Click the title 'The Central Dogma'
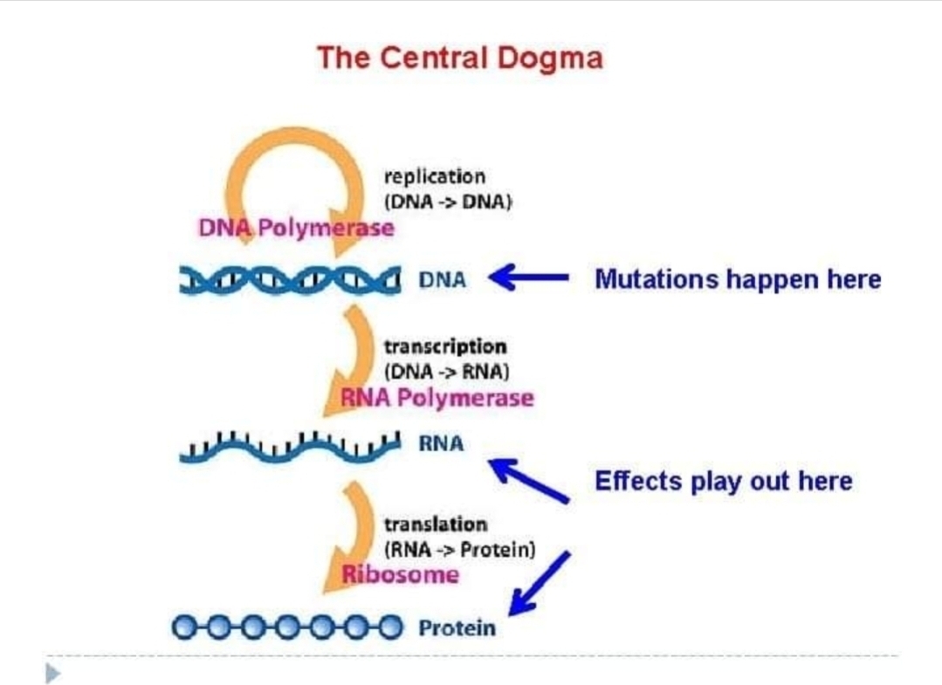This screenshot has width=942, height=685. (459, 58)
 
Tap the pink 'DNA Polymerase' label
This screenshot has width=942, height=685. (296, 228)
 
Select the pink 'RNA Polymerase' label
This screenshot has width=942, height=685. (437, 398)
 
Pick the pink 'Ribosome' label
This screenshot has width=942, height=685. (400, 574)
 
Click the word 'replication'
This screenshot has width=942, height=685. (435, 177)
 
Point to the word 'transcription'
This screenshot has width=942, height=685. (445, 347)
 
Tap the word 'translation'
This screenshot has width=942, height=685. (436, 524)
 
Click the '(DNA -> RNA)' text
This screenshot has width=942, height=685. (446, 372)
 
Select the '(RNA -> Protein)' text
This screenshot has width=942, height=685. (459, 550)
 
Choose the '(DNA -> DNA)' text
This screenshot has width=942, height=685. (448, 202)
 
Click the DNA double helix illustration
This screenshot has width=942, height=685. (290, 280)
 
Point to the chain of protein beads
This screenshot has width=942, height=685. (287, 627)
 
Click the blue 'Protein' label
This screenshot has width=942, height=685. (457, 628)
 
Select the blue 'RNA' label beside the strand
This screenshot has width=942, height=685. (441, 443)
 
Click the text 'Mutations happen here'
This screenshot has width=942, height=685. (738, 280)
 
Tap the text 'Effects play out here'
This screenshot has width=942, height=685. (724, 482)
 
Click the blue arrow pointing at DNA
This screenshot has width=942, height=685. (528, 277)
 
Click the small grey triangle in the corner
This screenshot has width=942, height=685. (53, 673)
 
